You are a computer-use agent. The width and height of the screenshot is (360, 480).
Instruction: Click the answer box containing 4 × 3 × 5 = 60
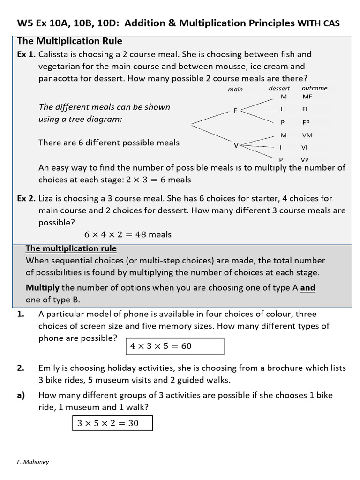click(x=175, y=346)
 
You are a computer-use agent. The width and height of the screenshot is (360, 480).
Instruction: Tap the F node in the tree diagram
click(x=235, y=111)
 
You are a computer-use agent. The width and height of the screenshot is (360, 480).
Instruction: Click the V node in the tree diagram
click(x=236, y=145)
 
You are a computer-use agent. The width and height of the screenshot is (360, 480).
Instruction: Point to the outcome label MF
click(x=307, y=97)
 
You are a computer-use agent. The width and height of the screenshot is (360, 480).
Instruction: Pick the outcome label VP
click(x=305, y=159)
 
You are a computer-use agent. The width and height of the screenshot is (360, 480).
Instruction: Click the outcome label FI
click(x=305, y=109)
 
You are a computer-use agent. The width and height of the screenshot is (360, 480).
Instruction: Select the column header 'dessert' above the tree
click(x=279, y=88)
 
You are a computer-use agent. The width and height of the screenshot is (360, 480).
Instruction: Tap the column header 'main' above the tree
click(x=235, y=89)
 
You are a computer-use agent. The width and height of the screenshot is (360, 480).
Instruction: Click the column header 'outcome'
click(x=315, y=88)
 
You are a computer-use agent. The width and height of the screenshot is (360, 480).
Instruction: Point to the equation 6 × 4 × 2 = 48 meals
click(x=128, y=234)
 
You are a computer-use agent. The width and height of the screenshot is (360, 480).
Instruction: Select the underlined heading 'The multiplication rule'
click(x=71, y=248)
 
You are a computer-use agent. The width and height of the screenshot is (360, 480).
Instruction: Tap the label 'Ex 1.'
click(x=26, y=54)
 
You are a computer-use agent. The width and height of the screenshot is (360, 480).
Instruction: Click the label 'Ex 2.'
click(x=26, y=199)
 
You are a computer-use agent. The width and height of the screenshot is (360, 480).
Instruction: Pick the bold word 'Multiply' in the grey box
click(x=43, y=288)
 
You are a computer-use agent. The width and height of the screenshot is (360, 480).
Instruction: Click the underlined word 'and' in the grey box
click(x=308, y=288)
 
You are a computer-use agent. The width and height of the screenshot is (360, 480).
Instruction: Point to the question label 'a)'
click(x=21, y=395)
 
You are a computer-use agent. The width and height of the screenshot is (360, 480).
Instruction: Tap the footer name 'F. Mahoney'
click(x=33, y=462)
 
